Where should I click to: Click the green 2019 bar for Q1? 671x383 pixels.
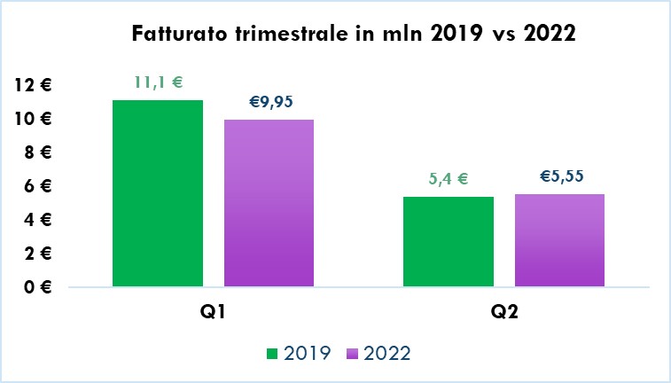(x=158, y=193)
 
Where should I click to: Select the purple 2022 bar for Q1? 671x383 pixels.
(x=269, y=203)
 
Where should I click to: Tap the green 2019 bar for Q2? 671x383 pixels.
(x=448, y=241)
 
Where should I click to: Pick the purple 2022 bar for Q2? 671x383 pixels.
(x=559, y=240)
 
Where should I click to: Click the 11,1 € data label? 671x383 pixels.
(x=158, y=82)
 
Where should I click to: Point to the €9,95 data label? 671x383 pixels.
(x=269, y=102)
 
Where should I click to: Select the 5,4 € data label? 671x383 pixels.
(x=448, y=178)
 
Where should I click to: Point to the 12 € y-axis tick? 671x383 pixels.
(x=35, y=85)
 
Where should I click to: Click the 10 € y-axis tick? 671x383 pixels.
(x=35, y=119)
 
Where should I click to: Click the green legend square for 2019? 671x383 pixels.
(x=272, y=354)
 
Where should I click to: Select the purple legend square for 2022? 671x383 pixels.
(x=351, y=354)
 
